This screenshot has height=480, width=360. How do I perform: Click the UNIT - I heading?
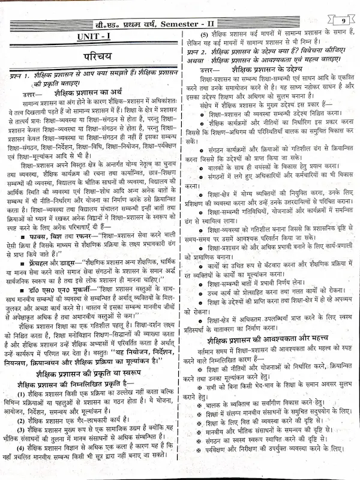pyautogui.click(x=95, y=38)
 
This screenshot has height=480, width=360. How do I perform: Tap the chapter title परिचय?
pyautogui.click(x=95, y=60)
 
